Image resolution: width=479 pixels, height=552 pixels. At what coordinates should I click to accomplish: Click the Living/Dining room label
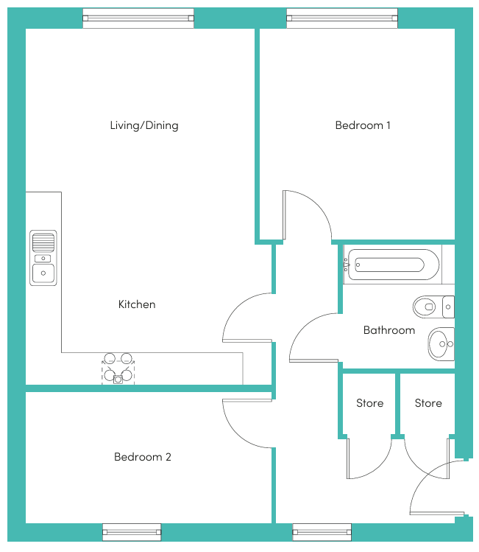(144, 125)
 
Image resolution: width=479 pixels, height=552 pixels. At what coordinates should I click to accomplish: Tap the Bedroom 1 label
(363, 125)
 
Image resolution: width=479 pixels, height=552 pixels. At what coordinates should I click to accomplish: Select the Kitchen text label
(137, 304)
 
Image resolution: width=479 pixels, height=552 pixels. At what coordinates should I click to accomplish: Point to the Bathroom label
(389, 330)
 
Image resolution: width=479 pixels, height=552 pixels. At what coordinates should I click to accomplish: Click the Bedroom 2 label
(142, 457)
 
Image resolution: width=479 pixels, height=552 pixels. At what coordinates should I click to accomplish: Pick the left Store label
(369, 402)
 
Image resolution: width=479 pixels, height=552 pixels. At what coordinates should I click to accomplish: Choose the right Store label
(428, 402)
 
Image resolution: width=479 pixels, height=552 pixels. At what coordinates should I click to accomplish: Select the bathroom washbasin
(441, 344)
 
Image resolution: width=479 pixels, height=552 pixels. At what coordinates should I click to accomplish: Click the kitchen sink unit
(43, 258)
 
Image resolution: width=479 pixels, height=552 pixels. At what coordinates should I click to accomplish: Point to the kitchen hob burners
(118, 368)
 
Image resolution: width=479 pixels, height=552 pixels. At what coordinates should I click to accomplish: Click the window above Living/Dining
(138, 18)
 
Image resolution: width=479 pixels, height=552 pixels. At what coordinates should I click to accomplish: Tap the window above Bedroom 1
(342, 18)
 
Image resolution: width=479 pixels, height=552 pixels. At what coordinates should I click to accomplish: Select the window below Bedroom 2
(132, 532)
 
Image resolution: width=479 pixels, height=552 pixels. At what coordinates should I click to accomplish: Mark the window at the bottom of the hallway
(322, 532)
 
